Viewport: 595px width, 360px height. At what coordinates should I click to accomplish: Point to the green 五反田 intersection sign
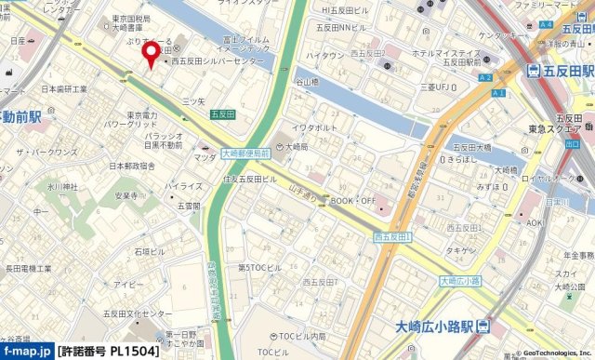pyautogui.click(x=221, y=113)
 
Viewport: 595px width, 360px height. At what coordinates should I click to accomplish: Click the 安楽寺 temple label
pyautogui.click(x=126, y=196)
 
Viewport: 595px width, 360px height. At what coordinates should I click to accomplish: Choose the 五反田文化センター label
pyautogui.click(x=138, y=313)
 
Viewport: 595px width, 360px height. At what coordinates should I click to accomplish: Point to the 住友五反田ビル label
pyautogui.click(x=249, y=178)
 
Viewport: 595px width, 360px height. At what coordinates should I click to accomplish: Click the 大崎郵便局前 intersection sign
pyautogui.click(x=245, y=153)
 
